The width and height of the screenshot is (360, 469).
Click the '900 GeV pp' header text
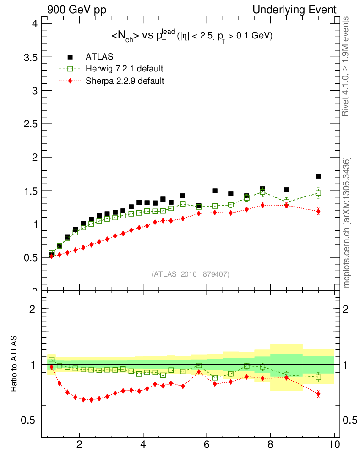[x=76, y=10]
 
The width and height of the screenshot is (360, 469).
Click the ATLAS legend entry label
[x=99, y=57]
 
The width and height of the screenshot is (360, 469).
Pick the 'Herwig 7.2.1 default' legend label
[x=125, y=69]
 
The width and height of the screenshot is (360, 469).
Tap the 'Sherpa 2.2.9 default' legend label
[x=125, y=81]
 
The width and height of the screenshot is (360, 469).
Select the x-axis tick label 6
[x=207, y=445]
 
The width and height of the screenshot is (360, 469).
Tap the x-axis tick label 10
[x=334, y=445]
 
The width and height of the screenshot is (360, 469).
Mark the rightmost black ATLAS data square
[x=318, y=176]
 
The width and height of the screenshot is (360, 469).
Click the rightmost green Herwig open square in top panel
[x=318, y=193]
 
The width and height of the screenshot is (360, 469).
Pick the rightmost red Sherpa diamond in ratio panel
[x=318, y=393]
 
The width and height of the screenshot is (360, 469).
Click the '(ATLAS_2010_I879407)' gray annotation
[x=191, y=274]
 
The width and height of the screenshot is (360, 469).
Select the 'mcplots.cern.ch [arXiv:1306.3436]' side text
[x=347, y=223]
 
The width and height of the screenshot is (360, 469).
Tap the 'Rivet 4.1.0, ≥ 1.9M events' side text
[x=347, y=66]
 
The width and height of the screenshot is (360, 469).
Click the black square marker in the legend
[x=70, y=57]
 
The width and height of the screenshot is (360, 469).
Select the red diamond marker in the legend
[x=70, y=81]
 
